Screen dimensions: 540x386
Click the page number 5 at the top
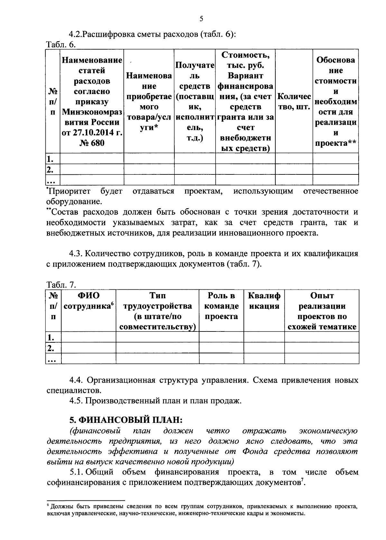click(201, 19)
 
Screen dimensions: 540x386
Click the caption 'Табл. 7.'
click(61, 285)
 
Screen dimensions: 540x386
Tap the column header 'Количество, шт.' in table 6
click(294, 101)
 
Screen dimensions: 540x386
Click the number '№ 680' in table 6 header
click(92, 143)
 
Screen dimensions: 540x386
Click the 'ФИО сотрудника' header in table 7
click(88, 301)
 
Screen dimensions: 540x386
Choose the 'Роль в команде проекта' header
click(221, 306)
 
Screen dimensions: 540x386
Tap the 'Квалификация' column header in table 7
click(264, 301)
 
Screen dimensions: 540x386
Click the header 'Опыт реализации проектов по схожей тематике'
click(322, 311)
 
